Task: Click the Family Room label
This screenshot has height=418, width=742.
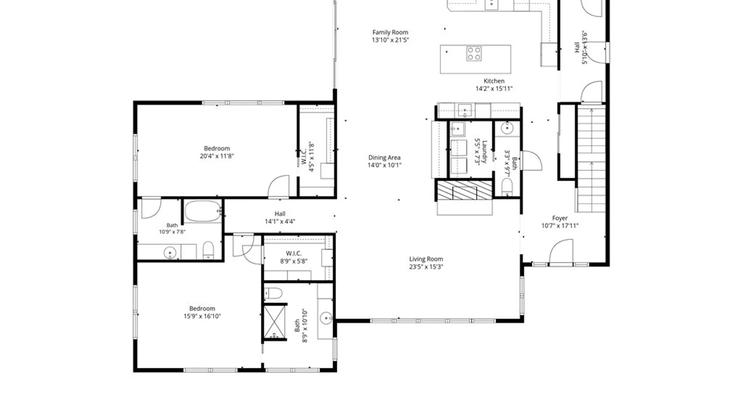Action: pyautogui.click(x=390, y=33)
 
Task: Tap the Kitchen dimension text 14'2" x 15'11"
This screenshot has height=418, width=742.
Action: pyautogui.click(x=494, y=89)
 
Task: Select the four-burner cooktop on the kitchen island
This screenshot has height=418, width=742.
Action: pyautogui.click(x=474, y=54)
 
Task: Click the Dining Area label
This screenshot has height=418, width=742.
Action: pyautogui.click(x=384, y=158)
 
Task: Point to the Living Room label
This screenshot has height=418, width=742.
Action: pyautogui.click(x=426, y=259)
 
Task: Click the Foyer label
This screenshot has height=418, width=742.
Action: pyautogui.click(x=560, y=218)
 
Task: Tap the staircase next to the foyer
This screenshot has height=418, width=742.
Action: pyautogui.click(x=591, y=159)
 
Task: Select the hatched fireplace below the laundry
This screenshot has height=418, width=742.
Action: pyautogui.click(x=465, y=190)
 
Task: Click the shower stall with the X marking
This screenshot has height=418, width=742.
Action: pyautogui.click(x=275, y=322)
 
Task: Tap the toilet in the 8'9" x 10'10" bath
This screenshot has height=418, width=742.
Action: pyautogui.click(x=273, y=293)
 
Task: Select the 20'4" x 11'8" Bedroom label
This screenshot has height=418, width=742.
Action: pyautogui.click(x=217, y=149)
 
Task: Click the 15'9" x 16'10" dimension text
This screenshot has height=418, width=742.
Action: pyautogui.click(x=202, y=316)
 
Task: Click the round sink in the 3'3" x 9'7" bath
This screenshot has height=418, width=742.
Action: pyautogui.click(x=507, y=128)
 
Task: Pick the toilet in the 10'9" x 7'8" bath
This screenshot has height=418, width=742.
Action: pyautogui.click(x=208, y=250)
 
